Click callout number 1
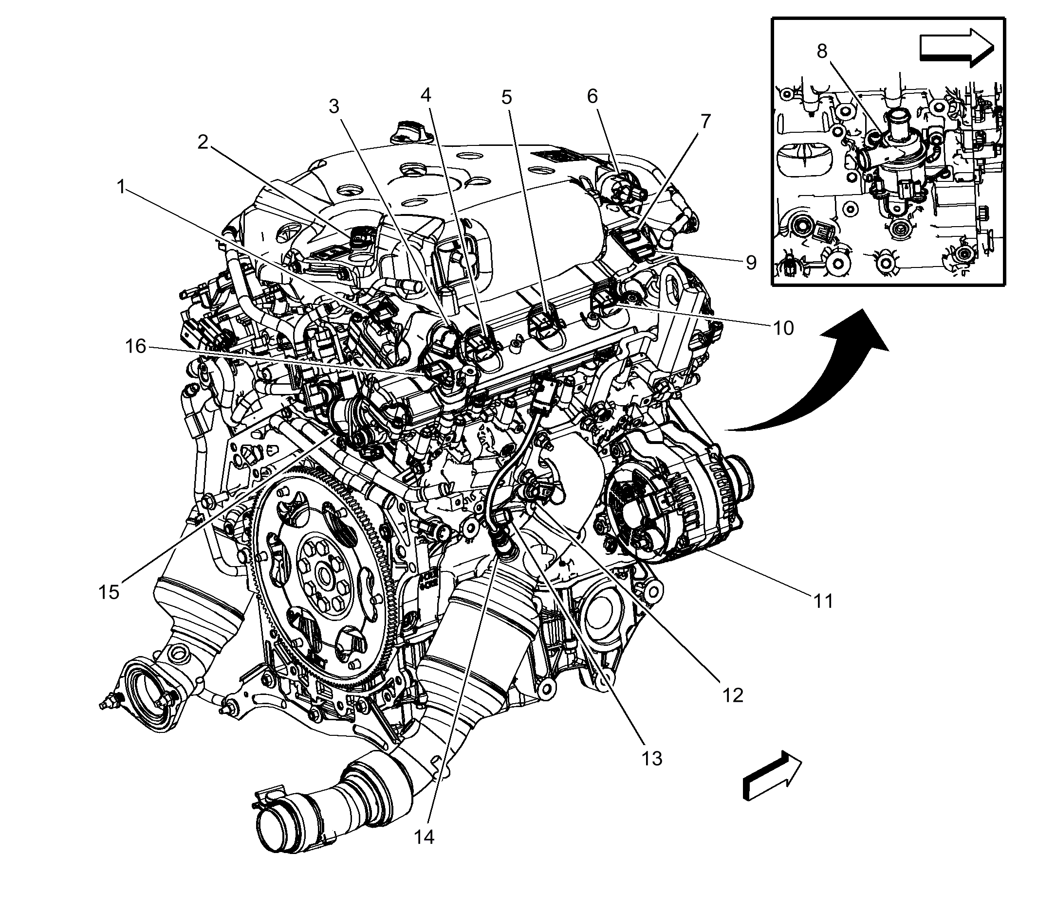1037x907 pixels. pyautogui.click(x=121, y=187)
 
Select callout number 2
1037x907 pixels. pyautogui.click(x=203, y=142)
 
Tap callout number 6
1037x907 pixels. pyautogui.click(x=592, y=96)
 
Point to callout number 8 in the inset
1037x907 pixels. pyautogui.click(x=822, y=51)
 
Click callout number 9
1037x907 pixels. pyautogui.click(x=750, y=262)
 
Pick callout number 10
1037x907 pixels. pyautogui.click(x=783, y=328)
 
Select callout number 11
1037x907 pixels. pyautogui.click(x=823, y=601)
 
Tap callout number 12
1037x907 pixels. pyautogui.click(x=733, y=695)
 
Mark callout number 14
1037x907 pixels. pyautogui.click(x=424, y=836)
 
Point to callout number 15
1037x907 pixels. pyautogui.click(x=109, y=591)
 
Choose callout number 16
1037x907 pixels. pyautogui.click(x=135, y=347)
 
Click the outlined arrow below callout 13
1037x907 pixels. pyautogui.click(x=772, y=782)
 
